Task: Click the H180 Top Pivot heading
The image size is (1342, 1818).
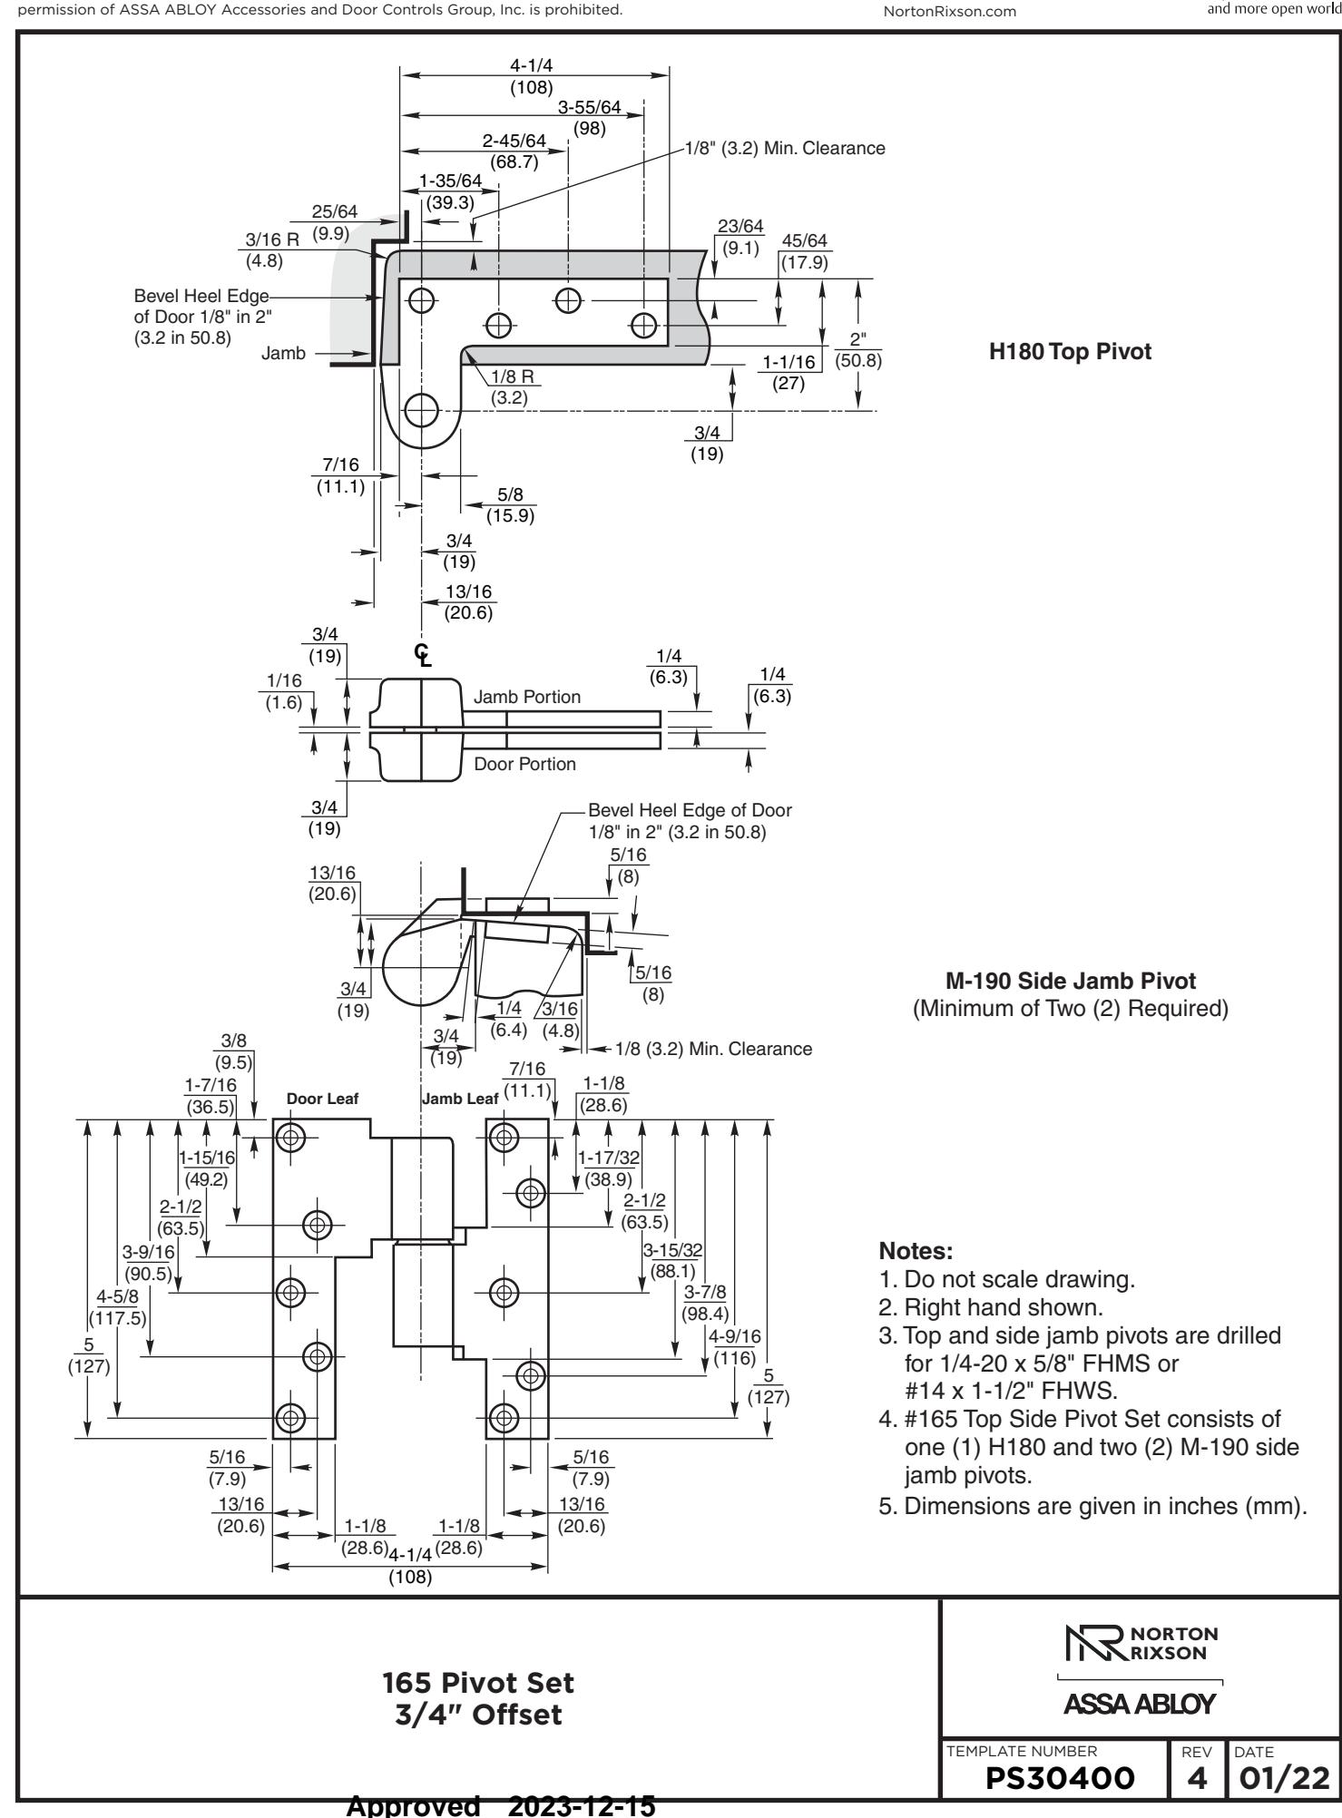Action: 1070,352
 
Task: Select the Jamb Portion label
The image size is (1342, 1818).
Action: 527,697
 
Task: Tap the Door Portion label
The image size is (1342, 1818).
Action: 524,764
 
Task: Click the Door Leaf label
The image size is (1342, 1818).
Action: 323,1099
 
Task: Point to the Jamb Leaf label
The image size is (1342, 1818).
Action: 460,1099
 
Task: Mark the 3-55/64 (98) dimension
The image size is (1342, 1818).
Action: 590,118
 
